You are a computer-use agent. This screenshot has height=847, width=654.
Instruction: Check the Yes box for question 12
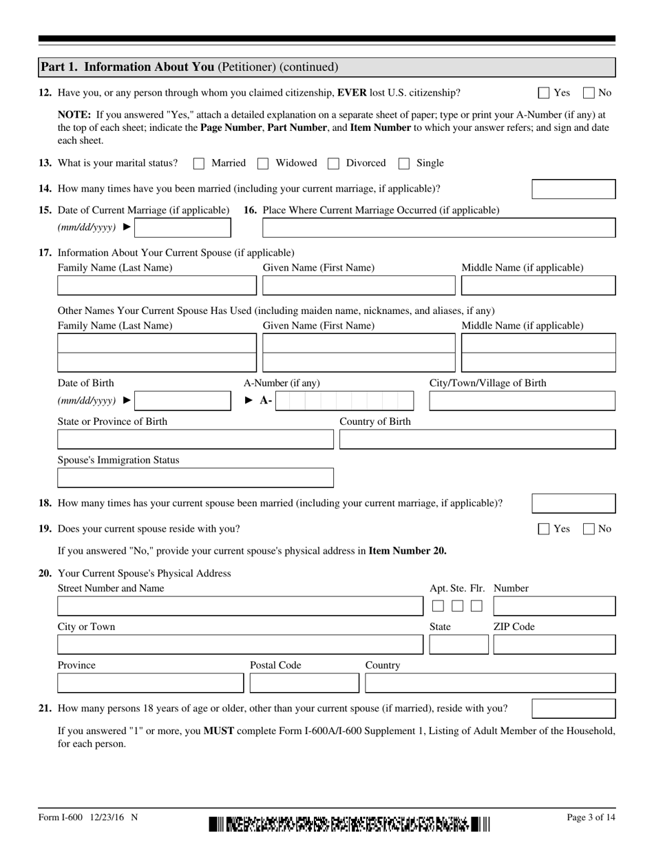[544, 93]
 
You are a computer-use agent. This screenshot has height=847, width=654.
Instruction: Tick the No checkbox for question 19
[589, 529]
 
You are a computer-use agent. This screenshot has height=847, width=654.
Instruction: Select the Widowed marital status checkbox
[263, 164]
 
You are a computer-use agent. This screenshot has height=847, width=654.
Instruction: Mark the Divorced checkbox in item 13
[334, 164]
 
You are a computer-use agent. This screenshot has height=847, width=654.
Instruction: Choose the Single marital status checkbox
[405, 164]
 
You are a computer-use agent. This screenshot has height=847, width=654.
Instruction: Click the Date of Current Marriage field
[182, 228]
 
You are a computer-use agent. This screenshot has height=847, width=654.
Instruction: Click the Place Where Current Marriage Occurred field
[439, 228]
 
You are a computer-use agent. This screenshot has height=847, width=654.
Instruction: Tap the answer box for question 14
[573, 189]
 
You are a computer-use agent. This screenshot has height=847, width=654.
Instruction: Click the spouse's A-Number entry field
[344, 401]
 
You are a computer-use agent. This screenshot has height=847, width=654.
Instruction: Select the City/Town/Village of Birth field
[522, 401]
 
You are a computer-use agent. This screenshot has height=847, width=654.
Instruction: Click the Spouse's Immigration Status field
[195, 478]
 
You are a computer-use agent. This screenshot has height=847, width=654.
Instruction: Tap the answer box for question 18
[573, 503]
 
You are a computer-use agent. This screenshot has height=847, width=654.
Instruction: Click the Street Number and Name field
[240, 606]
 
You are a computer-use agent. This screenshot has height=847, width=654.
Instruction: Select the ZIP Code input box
[554, 645]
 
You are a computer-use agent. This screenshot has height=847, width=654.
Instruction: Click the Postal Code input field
[304, 683]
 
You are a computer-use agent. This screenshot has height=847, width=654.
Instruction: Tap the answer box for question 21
[573, 709]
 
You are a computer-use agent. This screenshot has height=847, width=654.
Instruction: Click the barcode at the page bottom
[350, 824]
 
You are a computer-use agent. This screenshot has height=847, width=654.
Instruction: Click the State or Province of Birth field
[195, 439]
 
